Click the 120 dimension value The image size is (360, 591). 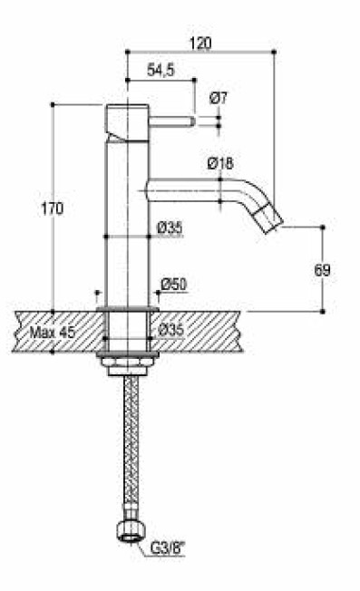pos(200,43)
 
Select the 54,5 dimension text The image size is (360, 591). pos(161,70)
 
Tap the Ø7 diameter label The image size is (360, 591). pos(219,99)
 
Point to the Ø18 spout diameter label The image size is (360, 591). pos(220,163)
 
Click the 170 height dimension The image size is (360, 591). pos(53,208)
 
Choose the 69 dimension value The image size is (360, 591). pos(322,270)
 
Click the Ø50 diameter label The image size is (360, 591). pos(174,285)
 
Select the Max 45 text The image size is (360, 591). pos(53,333)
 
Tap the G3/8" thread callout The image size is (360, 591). pos(169,548)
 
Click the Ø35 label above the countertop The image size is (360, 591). pos(170,228)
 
